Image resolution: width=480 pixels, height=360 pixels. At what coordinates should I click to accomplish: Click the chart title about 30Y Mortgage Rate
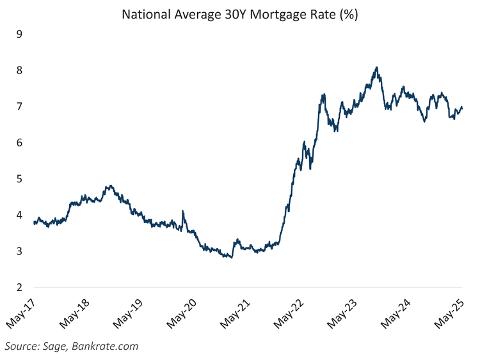pyautogui.click(x=240, y=14)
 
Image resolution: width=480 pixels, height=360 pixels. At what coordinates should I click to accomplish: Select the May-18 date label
pyautogui.click(x=76, y=314)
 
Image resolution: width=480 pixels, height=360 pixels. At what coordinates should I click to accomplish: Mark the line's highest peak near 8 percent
pyautogui.click(x=376, y=67)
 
